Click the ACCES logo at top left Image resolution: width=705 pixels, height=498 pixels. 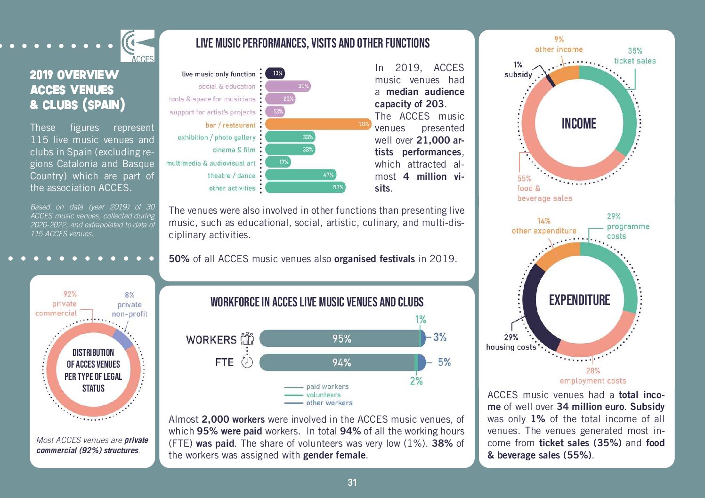point(138,46)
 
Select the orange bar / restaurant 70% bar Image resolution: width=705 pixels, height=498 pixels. point(318,125)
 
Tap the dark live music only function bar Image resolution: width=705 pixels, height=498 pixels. point(275,73)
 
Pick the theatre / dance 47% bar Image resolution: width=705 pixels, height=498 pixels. point(301,175)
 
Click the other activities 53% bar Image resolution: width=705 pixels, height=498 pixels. point(305,187)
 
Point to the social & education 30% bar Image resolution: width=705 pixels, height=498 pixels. point(287,86)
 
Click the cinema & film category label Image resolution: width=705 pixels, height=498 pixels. point(234,150)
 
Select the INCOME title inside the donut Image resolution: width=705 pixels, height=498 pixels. point(579,124)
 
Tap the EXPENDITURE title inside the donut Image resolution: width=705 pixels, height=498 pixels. point(579,300)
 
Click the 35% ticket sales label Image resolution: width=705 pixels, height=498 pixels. point(634,56)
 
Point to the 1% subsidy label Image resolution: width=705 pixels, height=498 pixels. point(518,70)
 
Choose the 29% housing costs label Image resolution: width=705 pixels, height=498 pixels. point(511,342)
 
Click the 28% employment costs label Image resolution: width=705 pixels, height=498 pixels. point(593,376)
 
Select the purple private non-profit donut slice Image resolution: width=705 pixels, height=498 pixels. point(123,337)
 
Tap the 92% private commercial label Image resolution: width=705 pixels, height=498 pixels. point(57,304)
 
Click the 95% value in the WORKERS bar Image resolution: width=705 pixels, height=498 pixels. point(342,339)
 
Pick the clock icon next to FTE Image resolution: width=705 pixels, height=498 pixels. point(247,362)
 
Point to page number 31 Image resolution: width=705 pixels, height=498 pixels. point(352,482)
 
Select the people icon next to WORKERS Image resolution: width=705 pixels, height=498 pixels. point(247,338)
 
